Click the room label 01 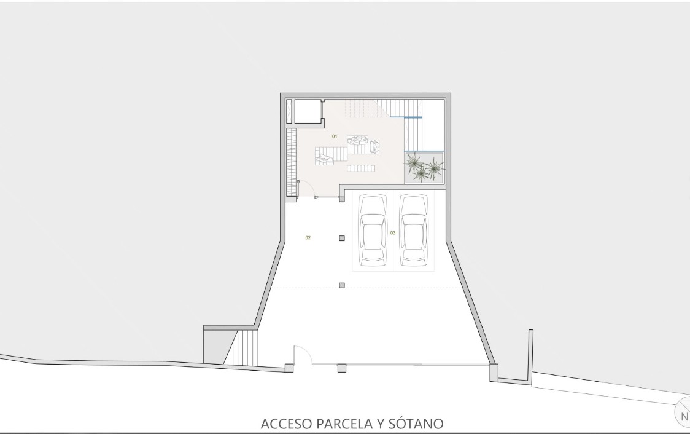coord(335,136)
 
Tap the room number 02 coord(308,238)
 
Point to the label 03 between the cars coord(393,233)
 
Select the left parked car coord(372,230)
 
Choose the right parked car coord(414,230)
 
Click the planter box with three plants coord(424,168)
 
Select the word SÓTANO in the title coord(416,424)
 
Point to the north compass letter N coord(684,416)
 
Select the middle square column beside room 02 coord(342,239)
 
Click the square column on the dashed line coord(342,285)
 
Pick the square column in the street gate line coord(341,368)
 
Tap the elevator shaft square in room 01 coord(307,112)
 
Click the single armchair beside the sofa coord(374,146)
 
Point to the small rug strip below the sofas coord(361,168)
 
